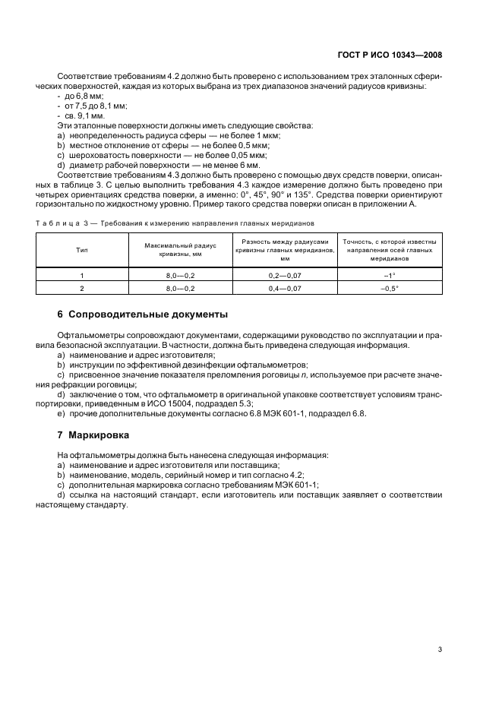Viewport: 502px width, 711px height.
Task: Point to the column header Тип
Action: pos(81,249)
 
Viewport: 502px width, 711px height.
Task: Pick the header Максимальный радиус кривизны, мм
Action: pos(180,249)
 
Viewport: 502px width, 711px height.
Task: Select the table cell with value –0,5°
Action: pos(389,289)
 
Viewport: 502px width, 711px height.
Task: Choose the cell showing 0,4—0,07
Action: pos(285,289)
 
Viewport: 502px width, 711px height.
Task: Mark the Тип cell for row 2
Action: pos(81,289)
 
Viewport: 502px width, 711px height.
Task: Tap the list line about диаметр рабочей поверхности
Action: pos(158,163)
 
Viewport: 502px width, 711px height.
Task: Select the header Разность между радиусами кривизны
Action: pos(285,249)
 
